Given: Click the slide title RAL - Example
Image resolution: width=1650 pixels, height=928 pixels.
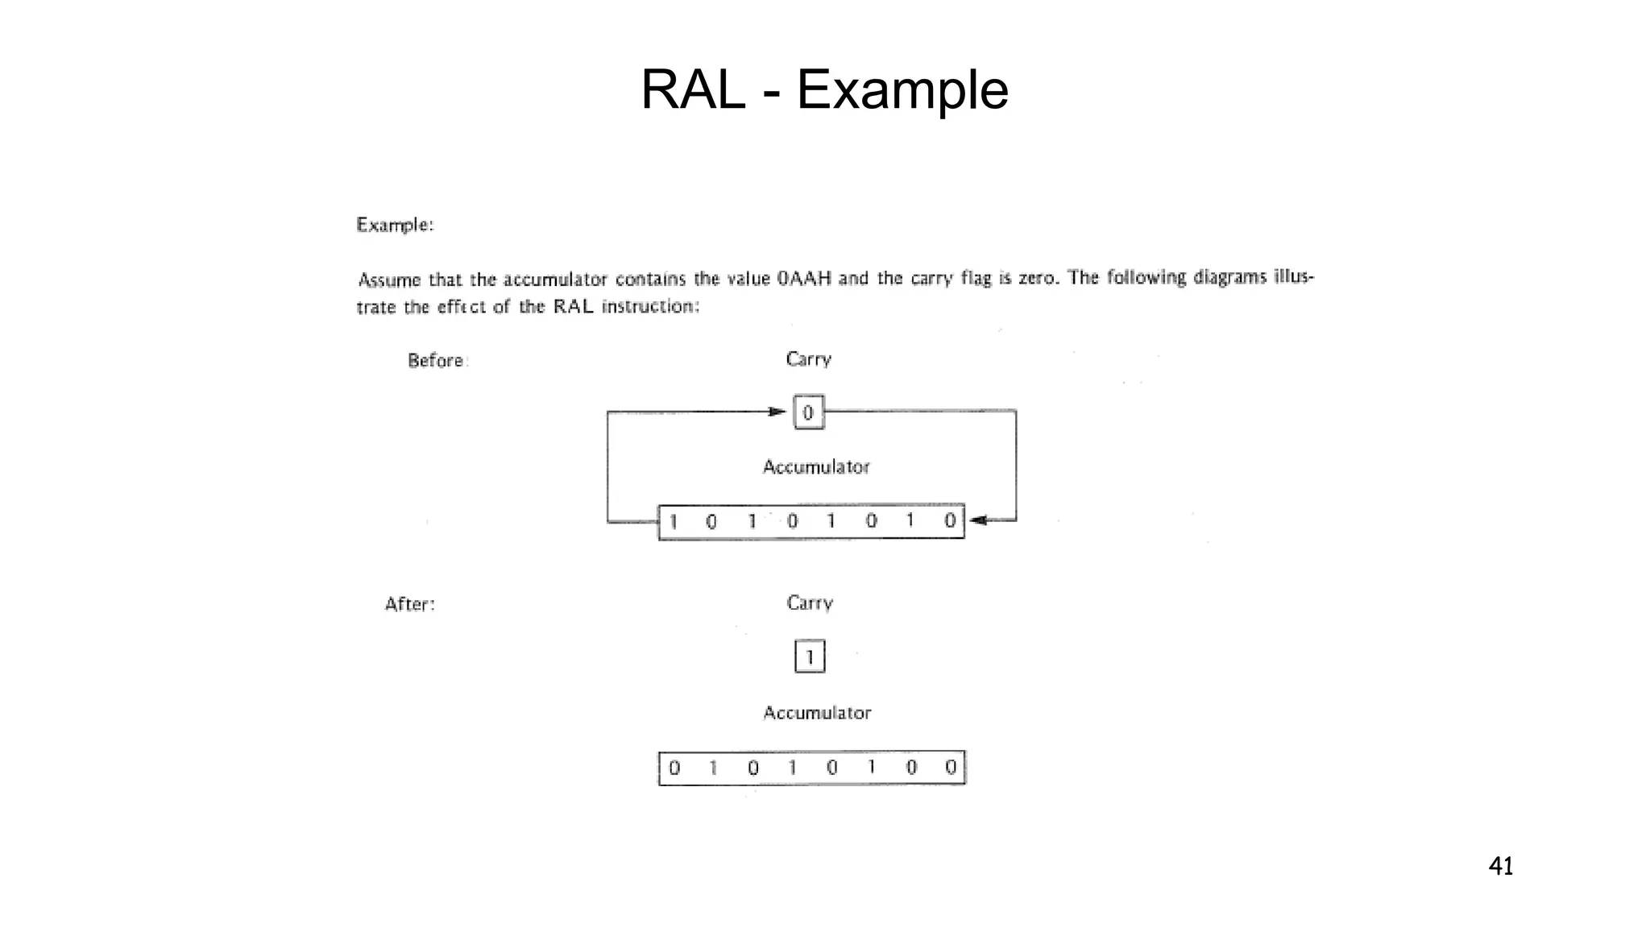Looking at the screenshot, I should click(824, 89).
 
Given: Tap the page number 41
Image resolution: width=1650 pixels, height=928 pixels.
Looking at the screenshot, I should click(1501, 866).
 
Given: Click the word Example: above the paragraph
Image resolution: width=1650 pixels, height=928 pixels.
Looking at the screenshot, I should click(395, 225).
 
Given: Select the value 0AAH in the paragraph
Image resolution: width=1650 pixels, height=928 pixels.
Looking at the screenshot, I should click(804, 279).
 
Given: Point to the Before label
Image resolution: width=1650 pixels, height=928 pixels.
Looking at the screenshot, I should click(436, 360).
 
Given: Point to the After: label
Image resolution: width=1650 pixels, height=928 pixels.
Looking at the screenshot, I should click(410, 604).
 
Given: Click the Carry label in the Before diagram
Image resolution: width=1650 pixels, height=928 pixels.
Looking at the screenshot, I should click(808, 359).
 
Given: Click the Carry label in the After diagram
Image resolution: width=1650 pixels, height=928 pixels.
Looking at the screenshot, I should click(810, 603).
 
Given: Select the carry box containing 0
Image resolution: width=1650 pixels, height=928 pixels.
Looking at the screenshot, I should click(809, 412).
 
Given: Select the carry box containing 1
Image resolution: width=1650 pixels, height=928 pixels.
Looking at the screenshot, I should click(810, 657).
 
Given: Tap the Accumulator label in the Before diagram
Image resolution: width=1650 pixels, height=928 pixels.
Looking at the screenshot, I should click(816, 467).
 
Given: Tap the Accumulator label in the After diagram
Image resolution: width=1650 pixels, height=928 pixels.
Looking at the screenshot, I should click(817, 713).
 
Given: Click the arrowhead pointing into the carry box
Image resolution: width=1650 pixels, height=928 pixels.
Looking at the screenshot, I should click(777, 412).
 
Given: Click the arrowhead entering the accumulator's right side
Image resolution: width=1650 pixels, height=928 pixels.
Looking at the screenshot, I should click(977, 520).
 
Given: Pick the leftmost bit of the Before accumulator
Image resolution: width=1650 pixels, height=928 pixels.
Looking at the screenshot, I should click(674, 522).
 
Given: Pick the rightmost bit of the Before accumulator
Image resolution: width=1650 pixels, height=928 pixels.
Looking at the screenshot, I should click(950, 520).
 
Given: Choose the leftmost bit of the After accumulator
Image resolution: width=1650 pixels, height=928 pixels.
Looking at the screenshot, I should click(674, 768).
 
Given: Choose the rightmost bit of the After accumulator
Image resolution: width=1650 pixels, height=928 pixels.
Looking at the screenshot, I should click(951, 767).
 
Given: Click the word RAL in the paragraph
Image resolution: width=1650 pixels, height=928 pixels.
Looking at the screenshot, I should click(573, 306).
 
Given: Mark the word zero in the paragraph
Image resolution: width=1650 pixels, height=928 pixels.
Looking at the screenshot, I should click(1039, 278).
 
